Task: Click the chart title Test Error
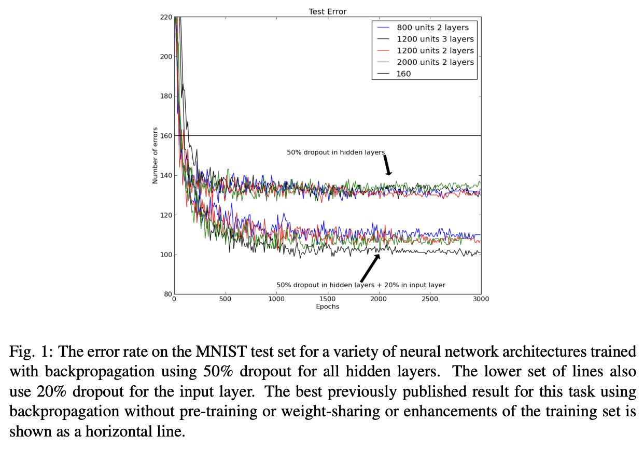point(327,11)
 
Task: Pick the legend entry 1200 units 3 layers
point(435,39)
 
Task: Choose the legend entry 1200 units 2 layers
point(435,50)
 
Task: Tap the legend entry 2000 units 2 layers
point(435,62)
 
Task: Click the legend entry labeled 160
point(403,74)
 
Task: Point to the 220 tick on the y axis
point(166,17)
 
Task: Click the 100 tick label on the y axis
point(166,255)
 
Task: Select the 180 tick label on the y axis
point(166,96)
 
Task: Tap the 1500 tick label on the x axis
point(328,299)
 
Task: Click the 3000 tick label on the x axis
point(481,299)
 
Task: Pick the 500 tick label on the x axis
point(225,299)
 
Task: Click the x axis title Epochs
point(327,306)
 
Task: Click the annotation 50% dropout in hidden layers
point(335,152)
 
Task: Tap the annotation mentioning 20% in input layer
point(360,285)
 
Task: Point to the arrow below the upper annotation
point(387,165)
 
